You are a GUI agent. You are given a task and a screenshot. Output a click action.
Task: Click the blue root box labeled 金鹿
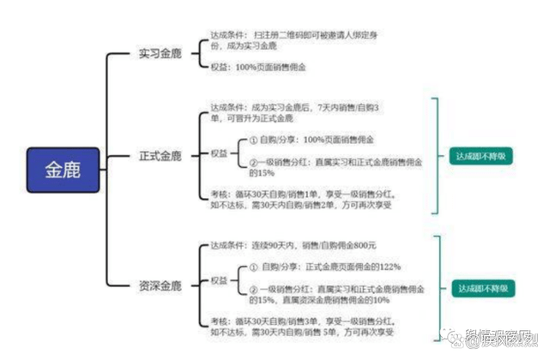[x=63, y=168]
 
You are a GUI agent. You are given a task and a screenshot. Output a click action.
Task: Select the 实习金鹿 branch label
[x=160, y=53]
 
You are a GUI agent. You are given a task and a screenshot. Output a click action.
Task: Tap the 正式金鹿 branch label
[x=160, y=156]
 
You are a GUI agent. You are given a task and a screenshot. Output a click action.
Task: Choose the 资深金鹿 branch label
[x=160, y=285]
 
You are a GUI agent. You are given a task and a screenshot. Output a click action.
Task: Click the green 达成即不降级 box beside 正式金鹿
[x=481, y=157]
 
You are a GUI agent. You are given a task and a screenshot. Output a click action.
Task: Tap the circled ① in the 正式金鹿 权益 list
[x=253, y=140]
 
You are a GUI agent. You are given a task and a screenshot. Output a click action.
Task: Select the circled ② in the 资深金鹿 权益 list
[x=253, y=288]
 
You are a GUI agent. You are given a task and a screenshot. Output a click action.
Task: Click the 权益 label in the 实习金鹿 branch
[x=219, y=65]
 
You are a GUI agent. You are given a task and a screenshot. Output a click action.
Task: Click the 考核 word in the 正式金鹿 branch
[x=219, y=194]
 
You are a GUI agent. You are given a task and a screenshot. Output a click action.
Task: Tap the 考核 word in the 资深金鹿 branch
[x=219, y=321]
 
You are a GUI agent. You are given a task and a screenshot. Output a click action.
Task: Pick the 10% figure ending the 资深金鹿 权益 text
[x=380, y=301]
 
